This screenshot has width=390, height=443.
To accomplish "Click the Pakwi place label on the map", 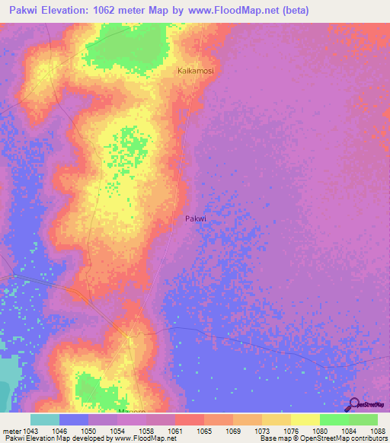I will tap(196, 218).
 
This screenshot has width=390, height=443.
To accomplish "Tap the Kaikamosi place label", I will tap(196, 71).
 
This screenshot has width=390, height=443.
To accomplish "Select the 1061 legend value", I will tap(175, 431).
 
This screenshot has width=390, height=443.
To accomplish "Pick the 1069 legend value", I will tap(232, 431).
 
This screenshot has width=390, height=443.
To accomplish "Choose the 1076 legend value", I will tap(289, 431).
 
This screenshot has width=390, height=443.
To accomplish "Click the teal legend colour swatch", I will tap(45, 419).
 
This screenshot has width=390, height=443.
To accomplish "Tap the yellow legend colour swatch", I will tap(305, 419).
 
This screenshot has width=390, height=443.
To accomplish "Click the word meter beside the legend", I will tap(10, 431).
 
